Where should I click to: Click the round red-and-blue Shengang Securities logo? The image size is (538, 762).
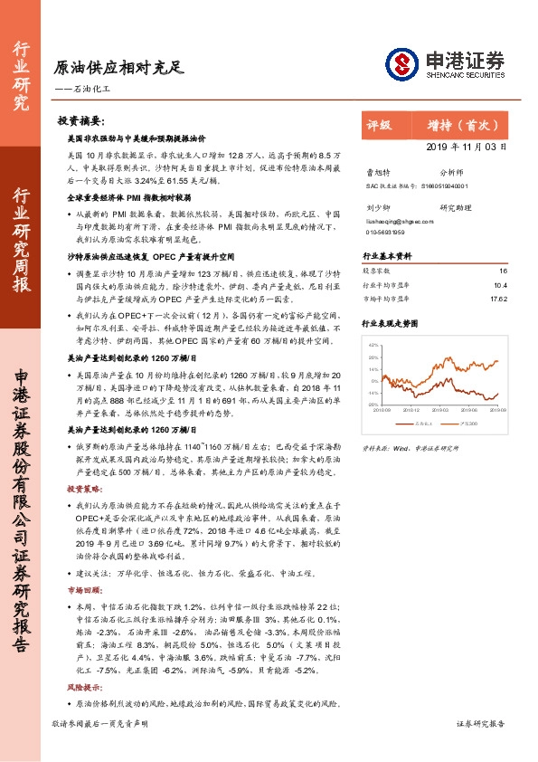[x=401, y=62]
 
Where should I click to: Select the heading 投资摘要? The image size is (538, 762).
[x=80, y=120]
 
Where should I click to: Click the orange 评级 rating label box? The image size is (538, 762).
[x=380, y=126]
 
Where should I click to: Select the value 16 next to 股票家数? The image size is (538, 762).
[x=504, y=271]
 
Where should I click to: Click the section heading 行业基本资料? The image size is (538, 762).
[x=387, y=256]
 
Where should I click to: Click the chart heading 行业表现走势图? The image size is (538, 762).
[x=392, y=322]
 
